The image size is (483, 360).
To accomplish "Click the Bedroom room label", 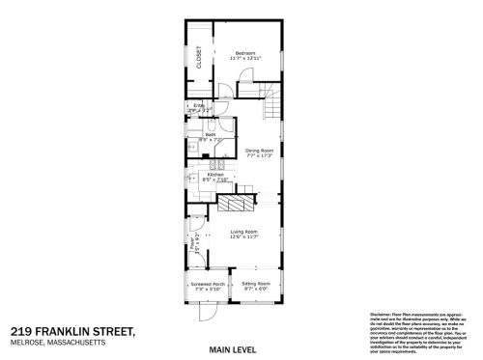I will pyautogui.click(x=247, y=54).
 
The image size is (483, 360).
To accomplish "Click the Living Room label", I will pyautogui.click(x=243, y=233).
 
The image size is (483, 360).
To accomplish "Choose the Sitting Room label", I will pyautogui.click(x=256, y=284).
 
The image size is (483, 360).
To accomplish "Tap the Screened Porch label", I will pyautogui.click(x=207, y=284).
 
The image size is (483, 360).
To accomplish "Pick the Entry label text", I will pyautogui.click(x=198, y=105).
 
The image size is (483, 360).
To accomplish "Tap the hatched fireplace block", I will pyautogui.click(x=236, y=204).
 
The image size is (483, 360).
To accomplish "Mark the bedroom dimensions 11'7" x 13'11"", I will pyautogui.click(x=247, y=60).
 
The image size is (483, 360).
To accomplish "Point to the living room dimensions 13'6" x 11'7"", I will pyautogui.click(x=243, y=238).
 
